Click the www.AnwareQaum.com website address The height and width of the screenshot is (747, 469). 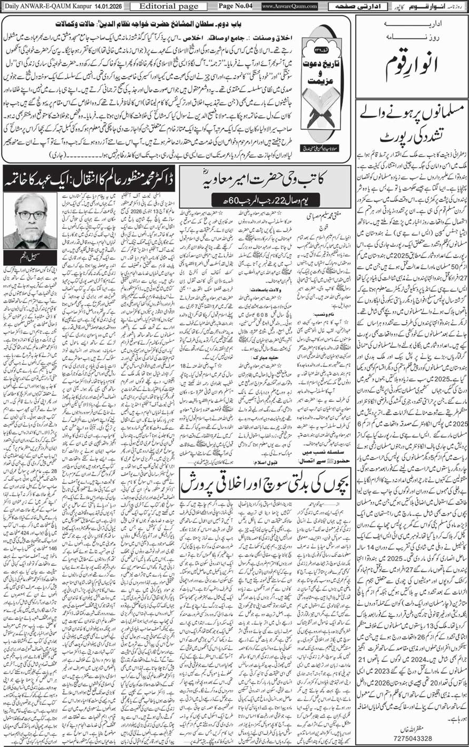(x=289, y=6)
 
